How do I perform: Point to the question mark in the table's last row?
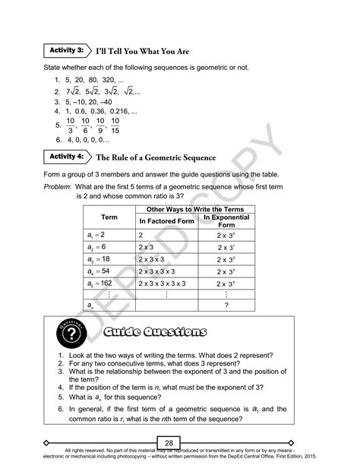[226, 306]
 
